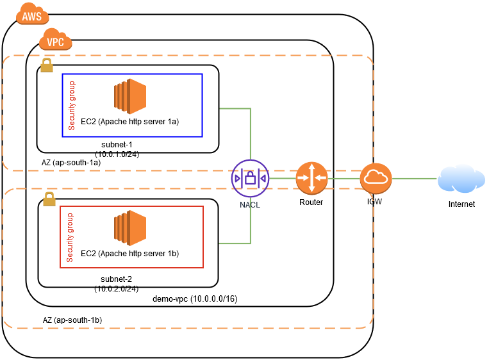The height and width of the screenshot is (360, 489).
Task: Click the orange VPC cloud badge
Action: click(x=56, y=42)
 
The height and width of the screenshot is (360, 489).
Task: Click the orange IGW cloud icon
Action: click(x=376, y=178)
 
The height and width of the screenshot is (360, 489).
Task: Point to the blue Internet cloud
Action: click(x=461, y=179)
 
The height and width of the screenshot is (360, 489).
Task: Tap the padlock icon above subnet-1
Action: click(x=46, y=65)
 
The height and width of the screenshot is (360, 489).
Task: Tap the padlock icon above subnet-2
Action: click(x=49, y=199)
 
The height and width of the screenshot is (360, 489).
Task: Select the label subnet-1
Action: click(x=117, y=145)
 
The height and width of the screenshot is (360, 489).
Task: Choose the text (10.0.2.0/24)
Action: click(x=117, y=288)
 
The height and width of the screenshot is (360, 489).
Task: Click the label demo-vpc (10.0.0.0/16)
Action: click(x=195, y=299)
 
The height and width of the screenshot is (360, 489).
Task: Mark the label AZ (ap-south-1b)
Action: click(x=72, y=319)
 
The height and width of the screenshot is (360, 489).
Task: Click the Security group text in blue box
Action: click(x=72, y=105)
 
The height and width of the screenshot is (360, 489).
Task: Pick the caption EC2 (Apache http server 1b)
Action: click(x=129, y=254)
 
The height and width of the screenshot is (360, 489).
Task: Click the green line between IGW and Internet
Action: click(x=414, y=178)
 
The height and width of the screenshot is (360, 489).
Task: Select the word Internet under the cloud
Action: click(x=461, y=204)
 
